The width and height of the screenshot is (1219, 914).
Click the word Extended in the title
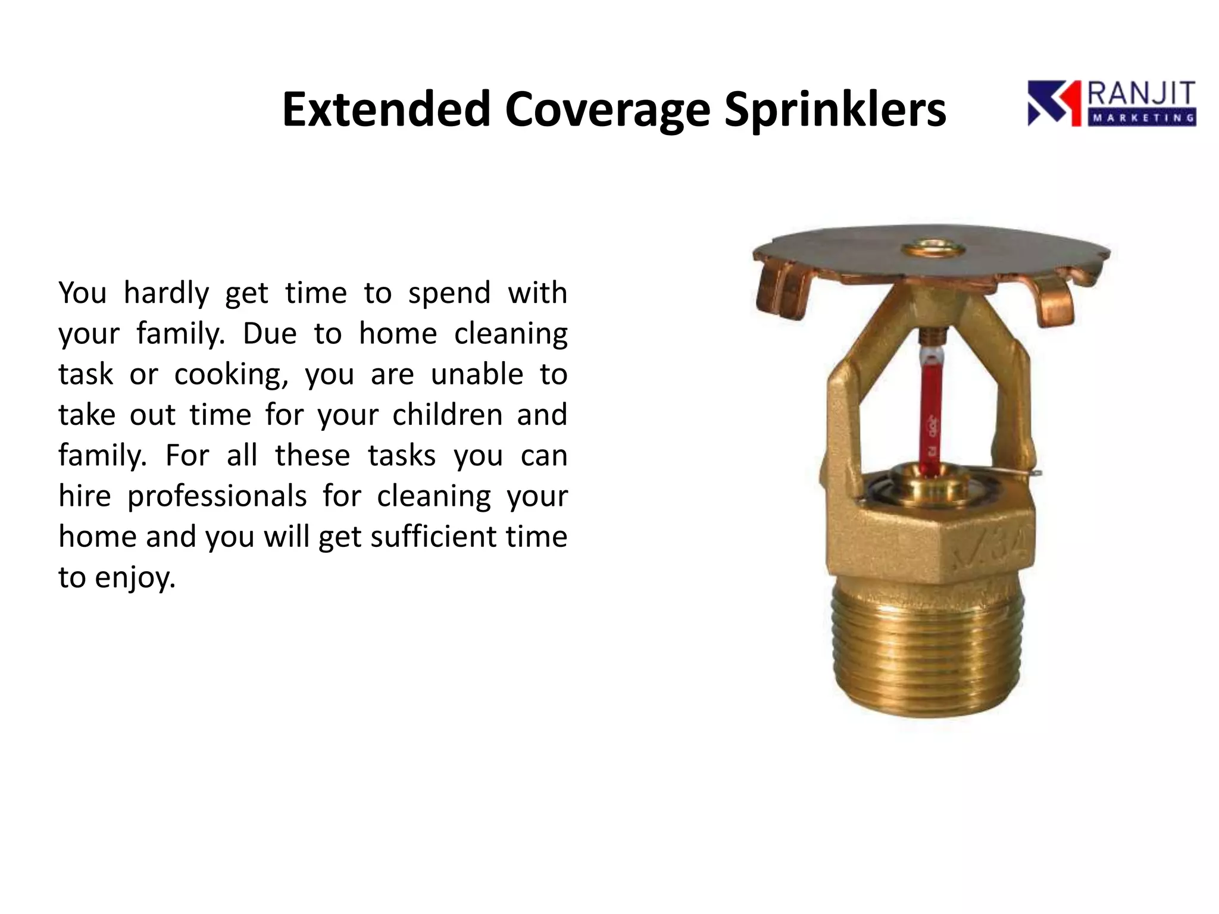tap(386, 110)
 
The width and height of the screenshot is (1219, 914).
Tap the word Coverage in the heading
tap(607, 110)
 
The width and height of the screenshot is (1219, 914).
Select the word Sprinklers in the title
tap(834, 110)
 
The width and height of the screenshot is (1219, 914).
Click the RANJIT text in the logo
tap(1142, 95)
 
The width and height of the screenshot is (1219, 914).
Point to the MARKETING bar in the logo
tap(1142, 118)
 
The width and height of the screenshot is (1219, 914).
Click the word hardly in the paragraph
tap(166, 293)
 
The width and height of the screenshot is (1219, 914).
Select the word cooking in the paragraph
tap(231, 375)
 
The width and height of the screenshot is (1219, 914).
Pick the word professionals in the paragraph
tap(217, 496)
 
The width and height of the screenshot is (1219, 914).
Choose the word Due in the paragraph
tap(269, 334)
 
